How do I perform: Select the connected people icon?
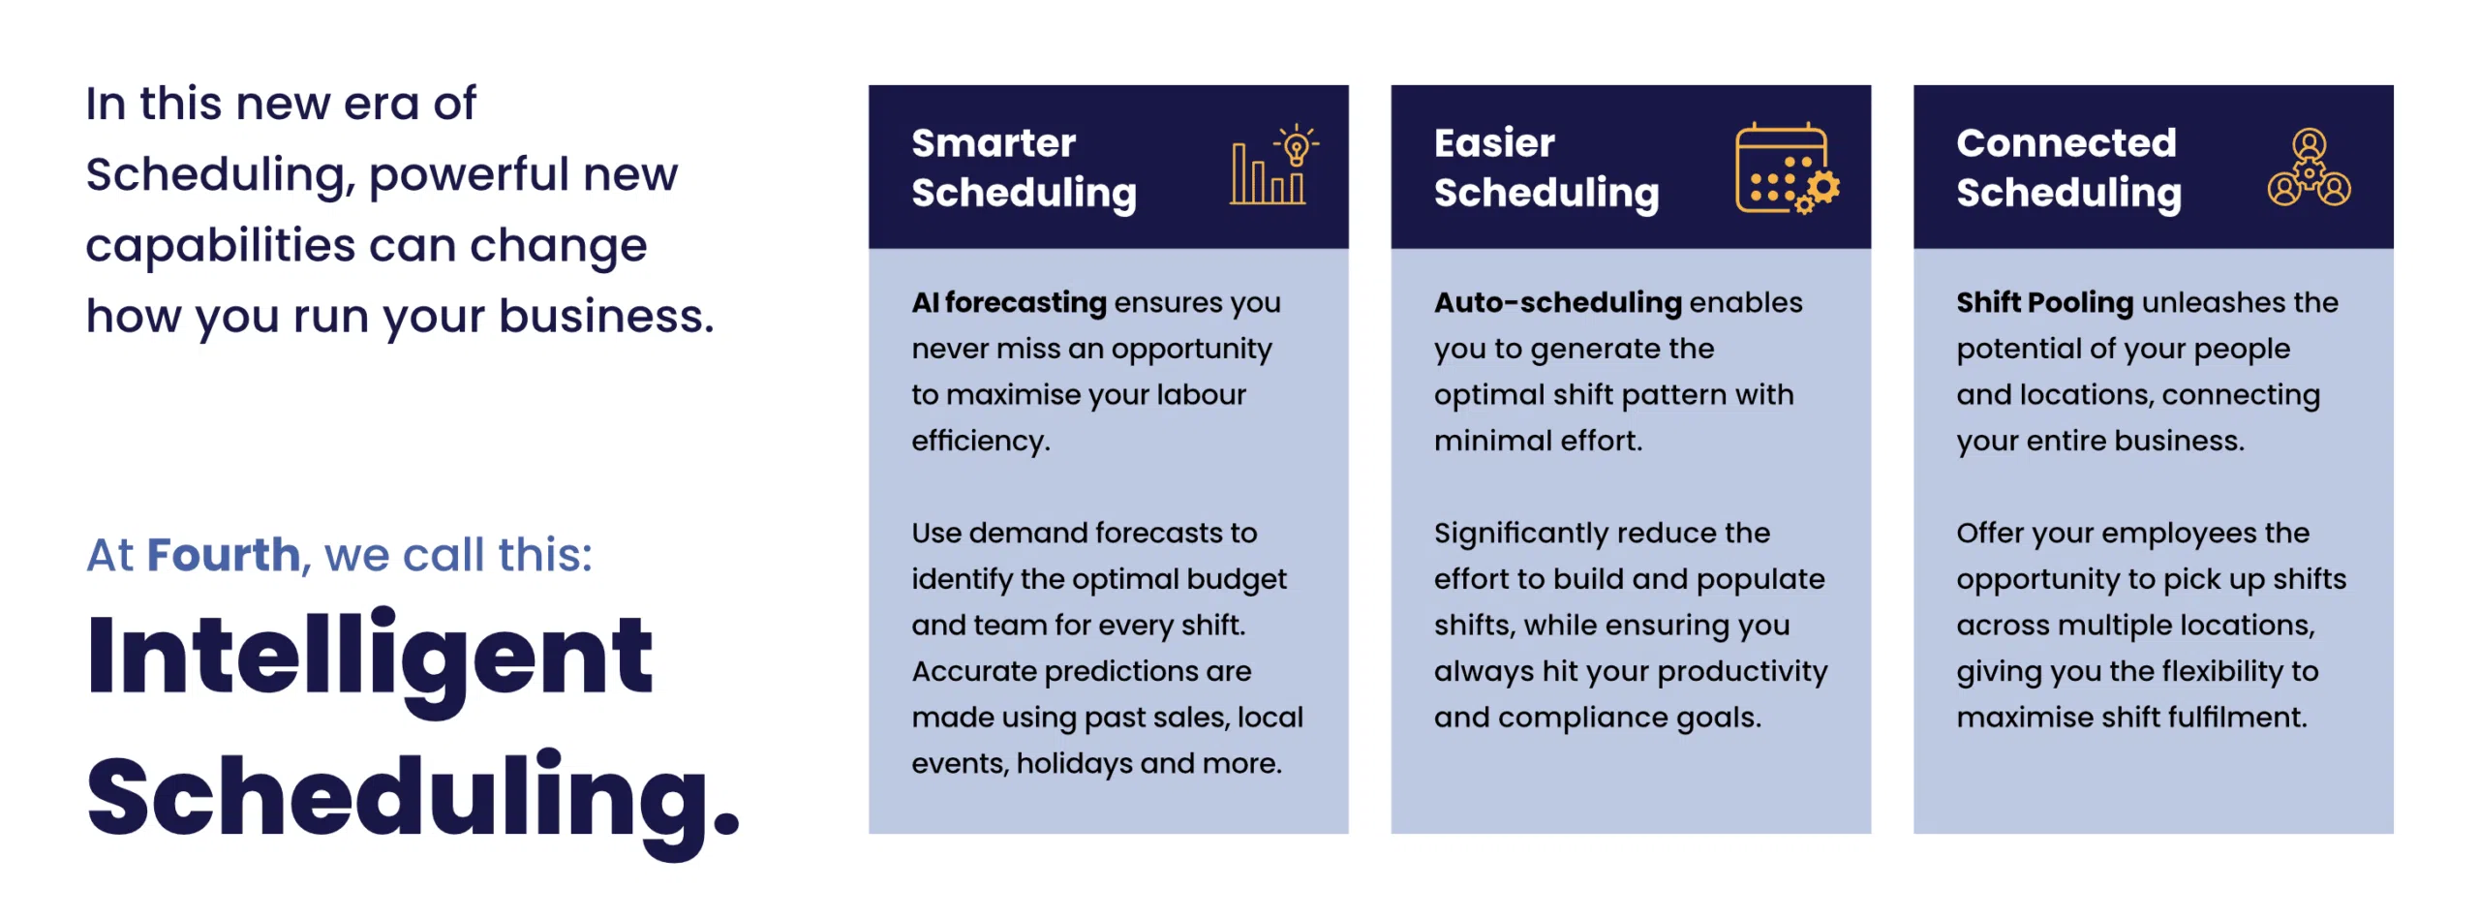pos(2309,168)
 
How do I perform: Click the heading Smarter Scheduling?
pos(1024,168)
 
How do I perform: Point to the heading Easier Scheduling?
pos(1546,168)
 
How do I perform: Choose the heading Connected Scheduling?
pos(2068,168)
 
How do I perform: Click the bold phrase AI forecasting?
pos(1008,302)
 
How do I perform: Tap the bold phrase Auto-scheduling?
pos(1557,302)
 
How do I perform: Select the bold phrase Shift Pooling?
pos(2044,302)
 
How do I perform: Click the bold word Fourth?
pos(224,555)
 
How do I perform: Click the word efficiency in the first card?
pos(980,442)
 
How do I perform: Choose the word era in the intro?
pos(379,105)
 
